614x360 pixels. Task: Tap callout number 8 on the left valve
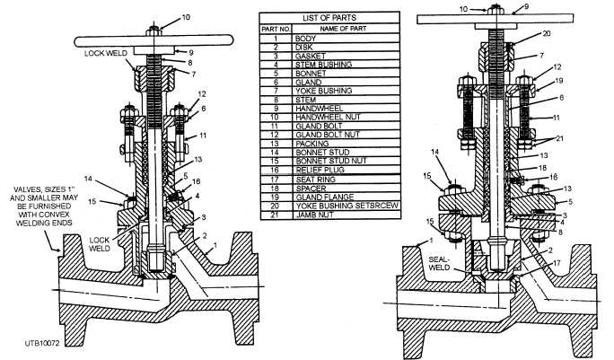[191, 63]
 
